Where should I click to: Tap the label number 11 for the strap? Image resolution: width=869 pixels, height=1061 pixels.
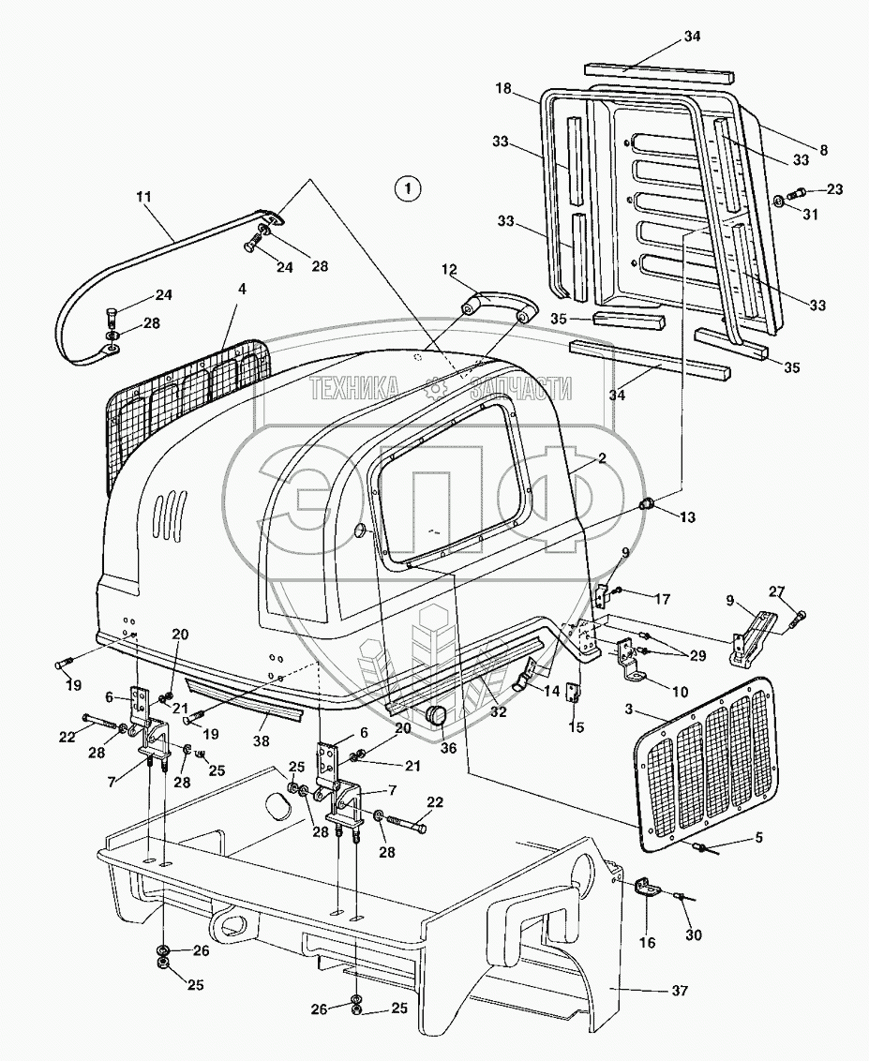[143, 199]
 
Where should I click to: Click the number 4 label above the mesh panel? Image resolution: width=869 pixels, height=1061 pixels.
[243, 291]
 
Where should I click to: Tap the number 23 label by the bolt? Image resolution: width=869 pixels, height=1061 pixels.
[833, 189]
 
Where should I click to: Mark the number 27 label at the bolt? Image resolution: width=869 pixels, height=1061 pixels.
[777, 590]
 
